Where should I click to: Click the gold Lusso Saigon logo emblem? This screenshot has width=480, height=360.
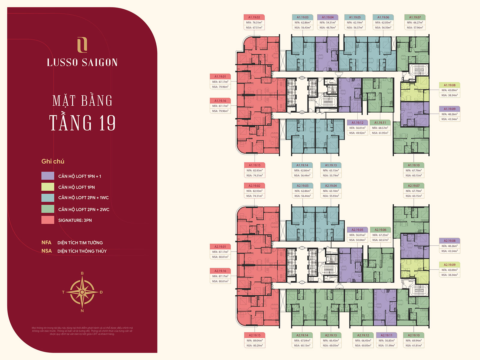(82, 45)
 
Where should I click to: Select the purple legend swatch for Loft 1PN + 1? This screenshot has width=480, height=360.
(48, 176)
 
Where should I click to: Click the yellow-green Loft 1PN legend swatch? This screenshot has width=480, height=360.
(48, 187)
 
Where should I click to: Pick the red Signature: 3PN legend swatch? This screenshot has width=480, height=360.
(48, 220)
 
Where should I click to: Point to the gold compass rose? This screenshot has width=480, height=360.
(82, 292)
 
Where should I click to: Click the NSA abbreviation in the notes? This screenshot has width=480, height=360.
(46, 251)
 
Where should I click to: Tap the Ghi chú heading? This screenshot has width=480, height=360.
(53, 161)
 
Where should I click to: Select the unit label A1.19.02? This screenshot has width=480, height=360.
(254, 17)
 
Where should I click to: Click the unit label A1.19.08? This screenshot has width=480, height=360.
(449, 85)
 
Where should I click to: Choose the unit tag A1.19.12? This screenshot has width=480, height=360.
(357, 123)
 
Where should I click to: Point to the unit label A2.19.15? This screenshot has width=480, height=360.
(254, 335)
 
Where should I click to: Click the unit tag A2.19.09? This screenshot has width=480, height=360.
(449, 265)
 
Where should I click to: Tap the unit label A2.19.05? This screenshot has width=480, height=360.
(357, 230)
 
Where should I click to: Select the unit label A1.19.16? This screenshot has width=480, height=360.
(220, 101)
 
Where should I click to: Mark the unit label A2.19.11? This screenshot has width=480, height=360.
(386, 335)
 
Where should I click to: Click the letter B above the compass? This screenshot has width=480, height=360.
(82, 274)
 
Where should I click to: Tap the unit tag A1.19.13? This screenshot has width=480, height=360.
(331, 165)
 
